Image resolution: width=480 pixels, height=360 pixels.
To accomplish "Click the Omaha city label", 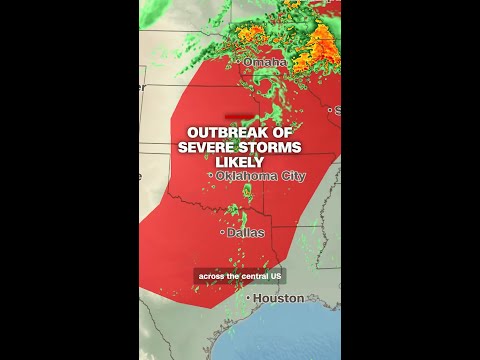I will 265,63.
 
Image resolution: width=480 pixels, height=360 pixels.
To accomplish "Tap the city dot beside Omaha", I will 240,63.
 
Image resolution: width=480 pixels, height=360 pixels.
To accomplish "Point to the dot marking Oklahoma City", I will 211,176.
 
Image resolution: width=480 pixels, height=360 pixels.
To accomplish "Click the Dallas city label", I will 246,232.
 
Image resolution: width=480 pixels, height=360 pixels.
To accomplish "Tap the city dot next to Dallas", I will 223,232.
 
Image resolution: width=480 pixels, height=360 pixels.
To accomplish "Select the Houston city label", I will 278,298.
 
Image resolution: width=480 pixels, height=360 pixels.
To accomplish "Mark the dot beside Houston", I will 248,298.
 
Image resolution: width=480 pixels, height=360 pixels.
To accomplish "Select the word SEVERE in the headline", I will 208,147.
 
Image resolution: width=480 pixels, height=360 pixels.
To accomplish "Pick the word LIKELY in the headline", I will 240,162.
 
